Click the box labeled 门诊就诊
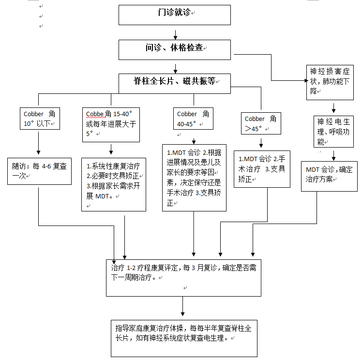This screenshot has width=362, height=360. (x=175, y=15)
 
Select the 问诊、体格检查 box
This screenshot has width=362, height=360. (x=175, y=50)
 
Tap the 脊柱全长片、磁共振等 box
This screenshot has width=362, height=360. (x=175, y=84)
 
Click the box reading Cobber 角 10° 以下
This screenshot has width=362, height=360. (x=40, y=119)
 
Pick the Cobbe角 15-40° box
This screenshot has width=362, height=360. (x=111, y=125)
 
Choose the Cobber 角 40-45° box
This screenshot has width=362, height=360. (x=193, y=119)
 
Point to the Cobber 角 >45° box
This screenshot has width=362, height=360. (x=261, y=123)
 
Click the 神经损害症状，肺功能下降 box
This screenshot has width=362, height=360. (x=330, y=82)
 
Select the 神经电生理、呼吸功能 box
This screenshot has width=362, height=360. (x=333, y=132)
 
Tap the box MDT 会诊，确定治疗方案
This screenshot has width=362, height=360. (x=329, y=176)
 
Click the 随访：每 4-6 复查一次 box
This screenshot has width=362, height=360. (x=40, y=171)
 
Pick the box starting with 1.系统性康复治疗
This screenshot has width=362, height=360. (x=114, y=185)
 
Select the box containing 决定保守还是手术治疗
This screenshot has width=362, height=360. (x=194, y=178)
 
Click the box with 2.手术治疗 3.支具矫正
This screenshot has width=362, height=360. (x=262, y=169)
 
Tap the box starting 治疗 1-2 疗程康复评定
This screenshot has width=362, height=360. (x=183, y=278)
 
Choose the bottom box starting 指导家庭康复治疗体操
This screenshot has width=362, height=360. (x=184, y=338)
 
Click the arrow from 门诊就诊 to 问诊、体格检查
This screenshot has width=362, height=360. (x=176, y=35)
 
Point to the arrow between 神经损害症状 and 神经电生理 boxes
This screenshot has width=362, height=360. (x=333, y=108)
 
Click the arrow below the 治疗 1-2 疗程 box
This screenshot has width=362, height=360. (x=182, y=306)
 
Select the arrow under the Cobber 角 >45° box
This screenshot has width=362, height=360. (x=261, y=143)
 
